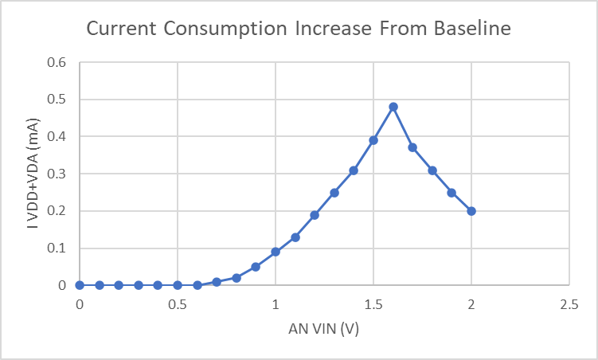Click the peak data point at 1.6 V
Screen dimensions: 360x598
[393, 107]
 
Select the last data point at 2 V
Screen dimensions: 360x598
[471, 211]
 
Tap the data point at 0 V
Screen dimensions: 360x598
[80, 285]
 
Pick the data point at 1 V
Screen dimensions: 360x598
[276, 252]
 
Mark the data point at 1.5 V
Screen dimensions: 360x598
[373, 140]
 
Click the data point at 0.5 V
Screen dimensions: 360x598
[178, 285]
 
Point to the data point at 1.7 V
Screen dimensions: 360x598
[412, 147]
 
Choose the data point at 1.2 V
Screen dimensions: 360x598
[315, 215]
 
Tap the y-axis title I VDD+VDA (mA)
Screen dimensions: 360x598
[34, 174]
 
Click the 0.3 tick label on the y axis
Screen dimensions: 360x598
[57, 174]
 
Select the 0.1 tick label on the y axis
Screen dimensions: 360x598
[57, 248]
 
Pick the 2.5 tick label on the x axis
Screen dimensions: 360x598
[569, 305]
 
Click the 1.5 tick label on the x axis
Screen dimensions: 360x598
[373, 305]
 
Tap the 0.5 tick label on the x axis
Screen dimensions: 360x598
[178, 305]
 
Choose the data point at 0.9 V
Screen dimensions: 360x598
[256, 267]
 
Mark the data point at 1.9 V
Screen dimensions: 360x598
[451, 193]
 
